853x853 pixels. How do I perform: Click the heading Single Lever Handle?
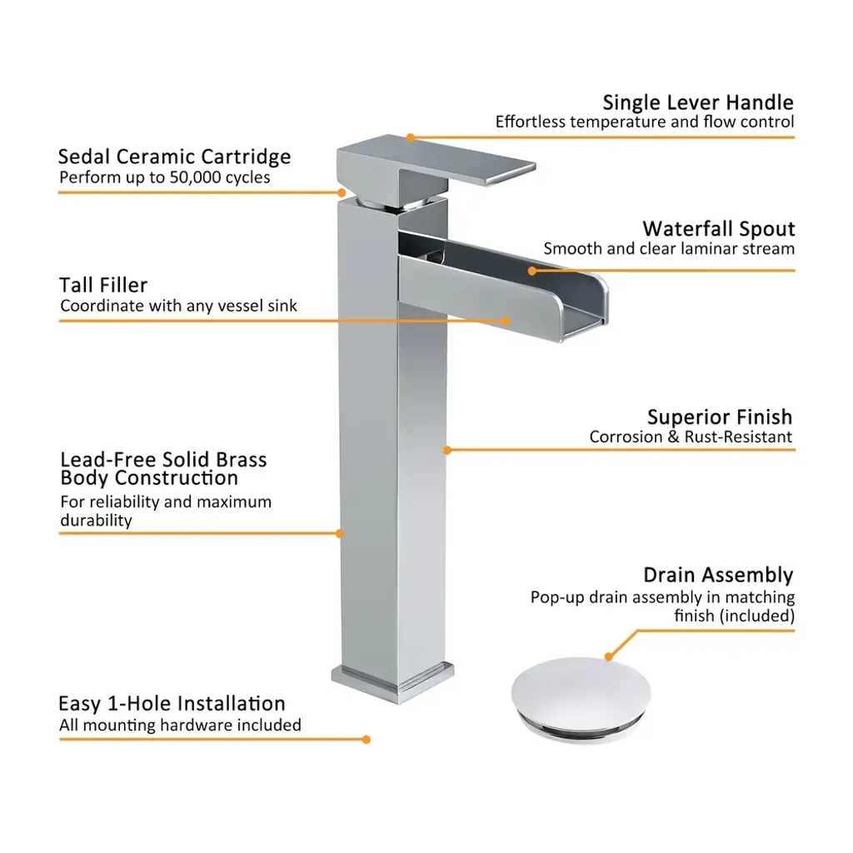click(x=698, y=102)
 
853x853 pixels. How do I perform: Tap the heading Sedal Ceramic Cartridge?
click(x=175, y=157)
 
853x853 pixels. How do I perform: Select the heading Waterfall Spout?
click(x=719, y=229)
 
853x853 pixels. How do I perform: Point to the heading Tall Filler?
click(x=103, y=285)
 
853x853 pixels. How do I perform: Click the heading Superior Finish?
click(x=720, y=417)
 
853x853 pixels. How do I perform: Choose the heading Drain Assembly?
click(x=718, y=575)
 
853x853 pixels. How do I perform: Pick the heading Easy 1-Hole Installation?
click(x=172, y=703)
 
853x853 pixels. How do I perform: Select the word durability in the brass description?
click(x=97, y=521)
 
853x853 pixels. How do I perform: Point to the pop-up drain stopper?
click(x=581, y=699)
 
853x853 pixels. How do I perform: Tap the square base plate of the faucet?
click(x=393, y=683)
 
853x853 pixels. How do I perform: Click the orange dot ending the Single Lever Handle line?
click(x=411, y=137)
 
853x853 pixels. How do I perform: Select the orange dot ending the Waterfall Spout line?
click(x=532, y=271)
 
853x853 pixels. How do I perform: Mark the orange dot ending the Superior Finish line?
click(x=447, y=450)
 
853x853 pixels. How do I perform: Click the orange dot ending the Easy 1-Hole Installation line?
click(x=367, y=740)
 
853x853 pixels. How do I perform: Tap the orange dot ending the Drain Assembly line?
click(x=609, y=657)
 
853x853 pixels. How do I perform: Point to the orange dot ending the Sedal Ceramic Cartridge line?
click(x=342, y=192)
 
